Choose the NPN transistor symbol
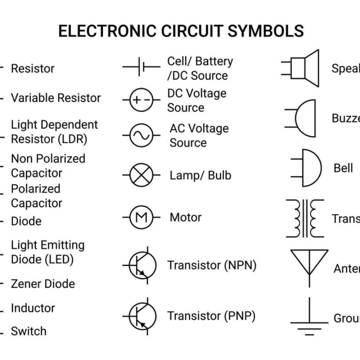(x=140, y=265)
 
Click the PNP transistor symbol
(x=140, y=315)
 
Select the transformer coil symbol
(x=305, y=219)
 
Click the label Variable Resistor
(x=56, y=98)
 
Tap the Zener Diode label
(x=43, y=284)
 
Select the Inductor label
(x=33, y=308)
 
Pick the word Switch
(x=29, y=331)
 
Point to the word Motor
(x=186, y=218)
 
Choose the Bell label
(x=343, y=168)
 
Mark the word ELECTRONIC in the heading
(x=105, y=31)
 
